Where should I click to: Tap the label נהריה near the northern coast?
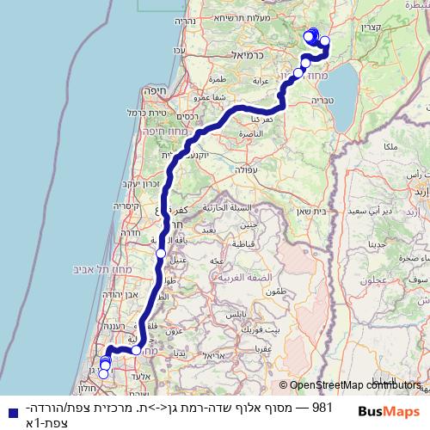[x=185, y=21]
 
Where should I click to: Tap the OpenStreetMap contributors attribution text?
[x=353, y=386]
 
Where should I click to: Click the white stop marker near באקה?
[x=161, y=254]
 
